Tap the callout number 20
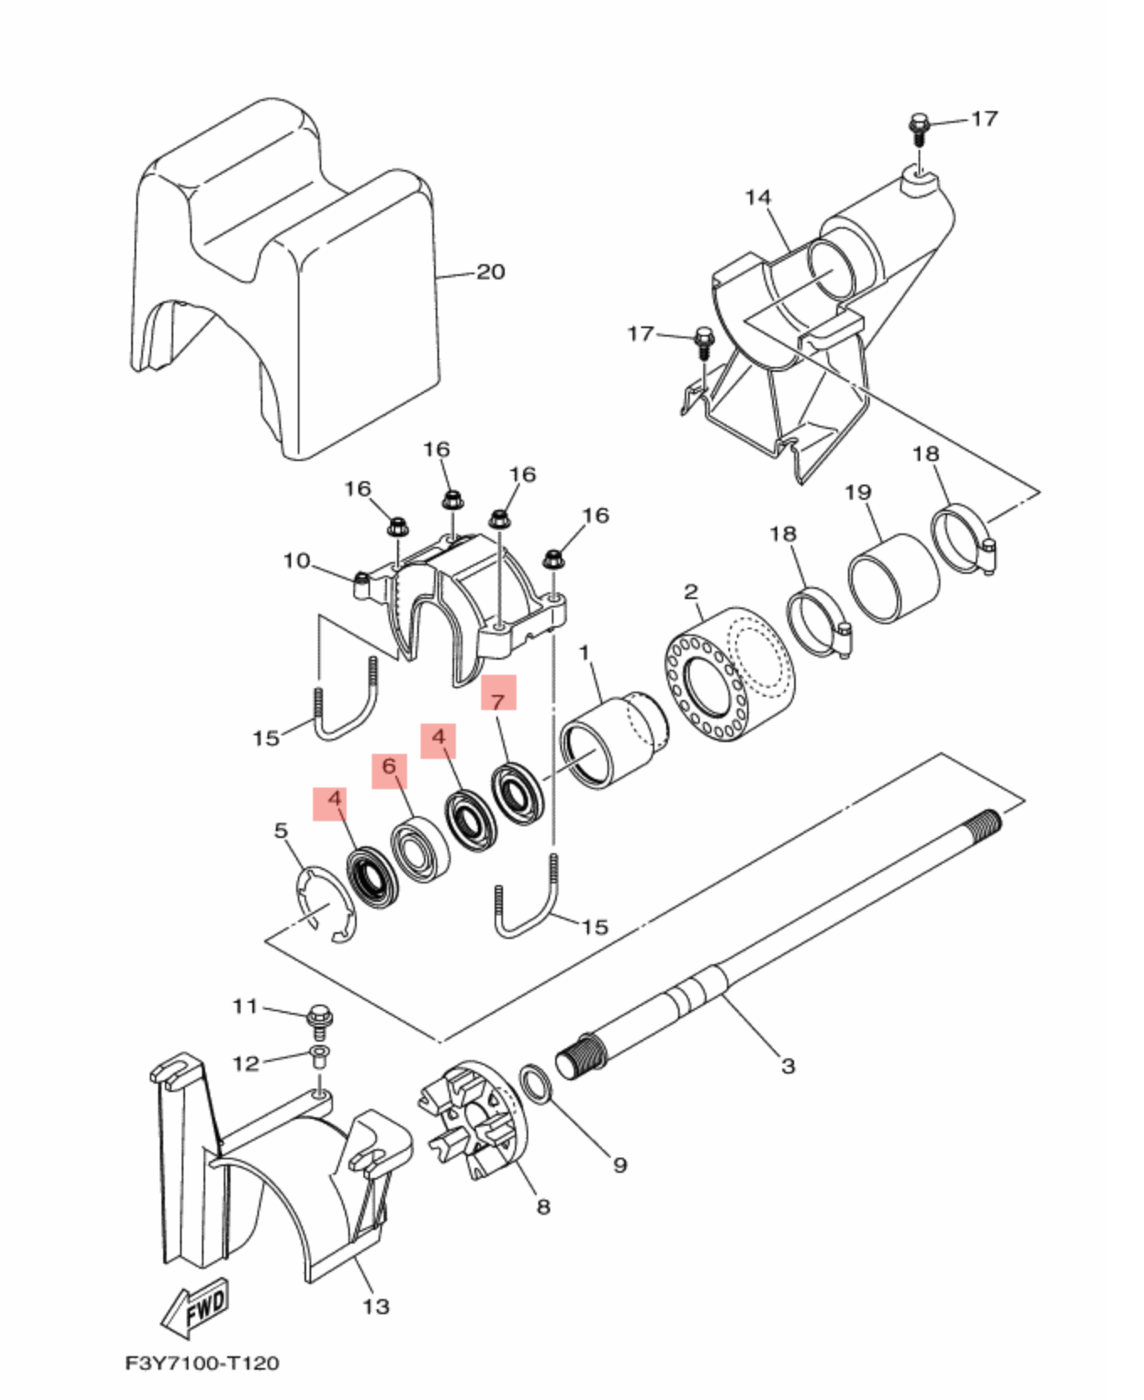[490, 272]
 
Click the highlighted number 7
[498, 700]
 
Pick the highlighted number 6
[389, 766]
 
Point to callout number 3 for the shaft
[787, 1066]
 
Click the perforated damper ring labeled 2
[730, 673]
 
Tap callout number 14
[758, 197]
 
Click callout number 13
[376, 1307]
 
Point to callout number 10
[297, 560]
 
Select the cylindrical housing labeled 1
[612, 740]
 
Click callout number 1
[584, 652]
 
